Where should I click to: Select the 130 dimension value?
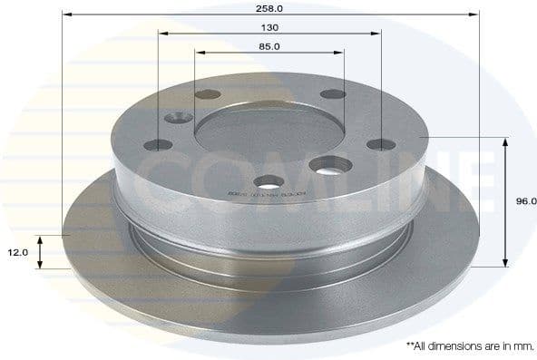coord(269,26)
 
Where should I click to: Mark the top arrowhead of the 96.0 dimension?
coord(503,141)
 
